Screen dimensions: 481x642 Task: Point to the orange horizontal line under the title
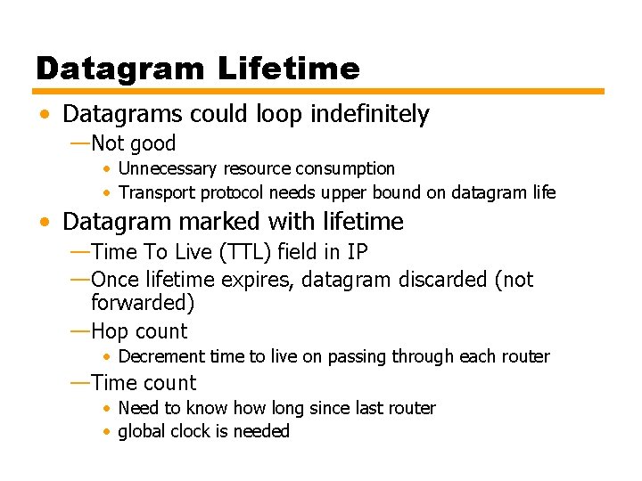tap(319, 91)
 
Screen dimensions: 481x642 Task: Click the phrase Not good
tap(133, 143)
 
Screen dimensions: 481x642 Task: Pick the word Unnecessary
tap(168, 168)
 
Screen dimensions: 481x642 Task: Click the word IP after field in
tap(357, 252)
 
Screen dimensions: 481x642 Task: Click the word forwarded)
tap(143, 303)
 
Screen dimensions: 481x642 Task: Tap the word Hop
tap(110, 331)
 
